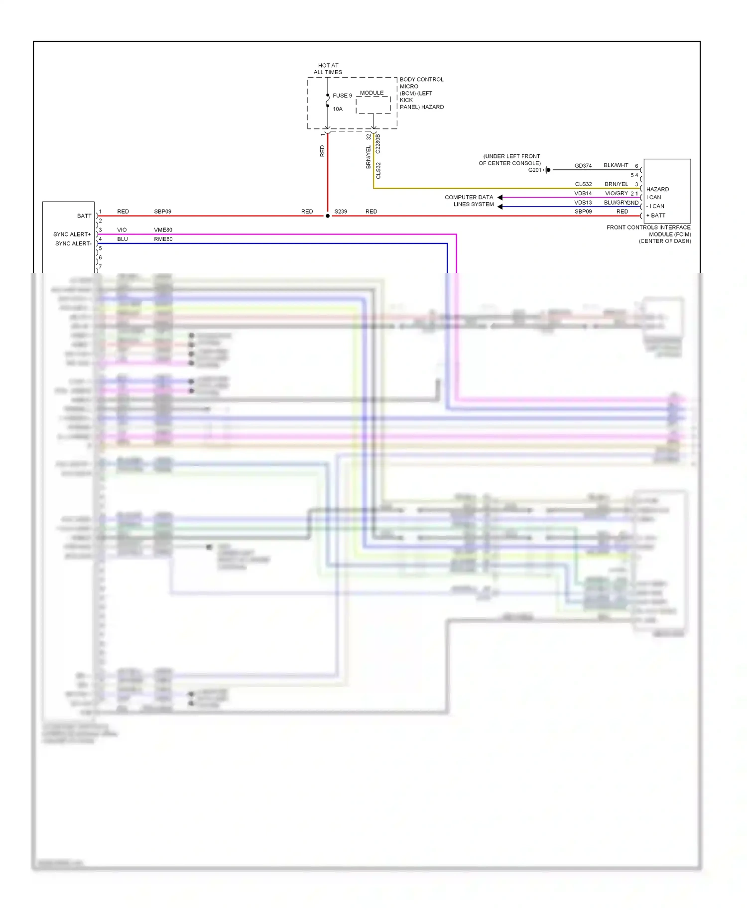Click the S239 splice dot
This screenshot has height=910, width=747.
[327, 216]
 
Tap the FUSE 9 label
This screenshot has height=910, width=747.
[342, 96]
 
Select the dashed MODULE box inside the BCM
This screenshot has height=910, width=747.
[373, 105]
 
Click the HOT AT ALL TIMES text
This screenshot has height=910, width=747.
[328, 69]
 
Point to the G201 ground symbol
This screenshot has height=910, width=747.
[547, 170]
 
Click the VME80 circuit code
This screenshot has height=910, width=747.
[163, 230]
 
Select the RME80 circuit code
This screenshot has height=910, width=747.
[163, 239]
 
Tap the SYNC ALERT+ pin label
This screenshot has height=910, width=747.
[72, 234]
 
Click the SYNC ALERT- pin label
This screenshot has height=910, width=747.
[73, 244]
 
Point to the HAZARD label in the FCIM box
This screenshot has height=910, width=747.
[657, 190]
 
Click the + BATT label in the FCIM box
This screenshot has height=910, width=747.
[656, 216]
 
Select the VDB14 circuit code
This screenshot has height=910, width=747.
[583, 194]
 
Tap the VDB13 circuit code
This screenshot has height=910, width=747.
[583, 203]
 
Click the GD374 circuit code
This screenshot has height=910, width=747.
[583, 166]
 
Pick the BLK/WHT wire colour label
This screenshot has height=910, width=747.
[616, 165]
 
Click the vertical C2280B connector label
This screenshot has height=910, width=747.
[378, 143]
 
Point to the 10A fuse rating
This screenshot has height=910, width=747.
[338, 109]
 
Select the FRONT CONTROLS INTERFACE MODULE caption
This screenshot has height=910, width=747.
[648, 234]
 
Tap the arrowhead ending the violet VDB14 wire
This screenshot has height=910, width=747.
[500, 198]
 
